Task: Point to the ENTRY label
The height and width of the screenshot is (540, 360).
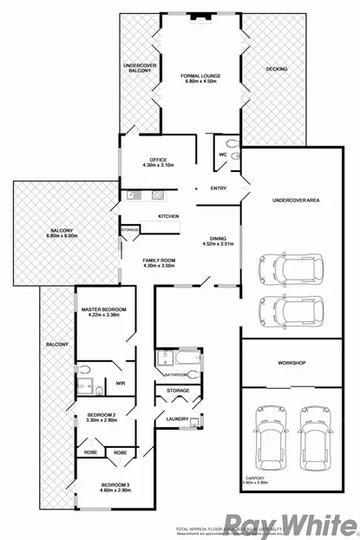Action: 217,188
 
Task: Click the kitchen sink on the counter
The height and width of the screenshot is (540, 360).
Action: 134,194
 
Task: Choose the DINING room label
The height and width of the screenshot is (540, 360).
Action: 218,242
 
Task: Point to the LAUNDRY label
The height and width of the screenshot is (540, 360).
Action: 178,419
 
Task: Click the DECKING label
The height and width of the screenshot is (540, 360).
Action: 277,68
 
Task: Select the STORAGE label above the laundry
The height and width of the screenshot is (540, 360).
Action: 178,392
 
